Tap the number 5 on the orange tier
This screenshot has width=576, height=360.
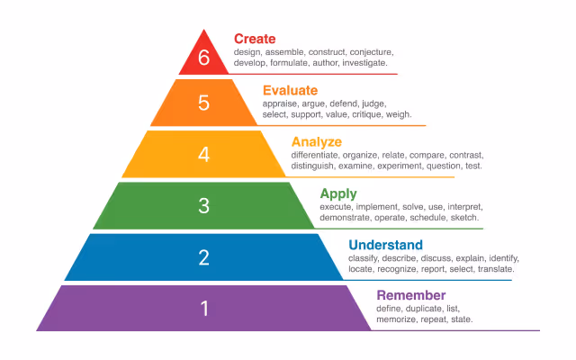[203, 103]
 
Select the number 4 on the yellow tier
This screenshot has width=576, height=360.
[203, 154]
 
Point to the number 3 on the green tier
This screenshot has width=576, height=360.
[203, 205]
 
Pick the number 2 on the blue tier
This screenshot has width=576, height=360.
[203, 257]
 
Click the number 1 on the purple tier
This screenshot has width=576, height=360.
[203, 309]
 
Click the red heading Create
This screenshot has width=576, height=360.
[255, 39]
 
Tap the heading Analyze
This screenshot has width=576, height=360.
[316, 141]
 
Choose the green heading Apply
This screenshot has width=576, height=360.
[338, 193]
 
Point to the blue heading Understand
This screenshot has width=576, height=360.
[385, 245]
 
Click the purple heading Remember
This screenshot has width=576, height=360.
[410, 296]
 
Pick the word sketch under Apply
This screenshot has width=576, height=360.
[464, 218]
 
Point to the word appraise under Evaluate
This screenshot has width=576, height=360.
[283, 103]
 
